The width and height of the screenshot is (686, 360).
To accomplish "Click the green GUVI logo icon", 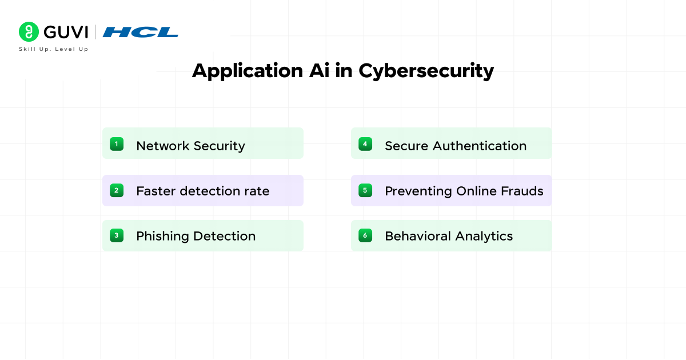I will click(x=29, y=32).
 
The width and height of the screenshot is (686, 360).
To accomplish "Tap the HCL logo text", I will click(x=141, y=33).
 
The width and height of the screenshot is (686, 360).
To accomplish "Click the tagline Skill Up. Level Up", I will click(x=54, y=50).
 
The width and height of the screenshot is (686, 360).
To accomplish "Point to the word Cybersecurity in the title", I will click(x=426, y=71).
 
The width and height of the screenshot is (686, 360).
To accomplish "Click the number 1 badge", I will click(x=117, y=144).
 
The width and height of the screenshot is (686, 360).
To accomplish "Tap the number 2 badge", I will click(x=117, y=190).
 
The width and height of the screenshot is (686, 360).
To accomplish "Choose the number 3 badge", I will click(x=117, y=235).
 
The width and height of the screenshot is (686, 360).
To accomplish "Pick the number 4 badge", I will click(x=365, y=144).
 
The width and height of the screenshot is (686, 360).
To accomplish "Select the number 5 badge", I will click(x=365, y=190).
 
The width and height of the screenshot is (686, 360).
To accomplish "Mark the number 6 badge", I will click(x=365, y=235).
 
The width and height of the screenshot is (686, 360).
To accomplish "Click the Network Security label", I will click(x=190, y=146).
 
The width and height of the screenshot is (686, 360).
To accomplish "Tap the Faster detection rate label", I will click(x=202, y=191).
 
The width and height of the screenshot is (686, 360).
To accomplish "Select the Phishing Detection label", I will click(x=196, y=236).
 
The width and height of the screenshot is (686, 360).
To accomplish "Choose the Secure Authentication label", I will click(x=456, y=146).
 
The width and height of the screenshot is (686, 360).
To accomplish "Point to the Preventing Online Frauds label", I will click(x=464, y=191).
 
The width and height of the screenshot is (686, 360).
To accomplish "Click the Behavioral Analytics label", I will click(x=449, y=236).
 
